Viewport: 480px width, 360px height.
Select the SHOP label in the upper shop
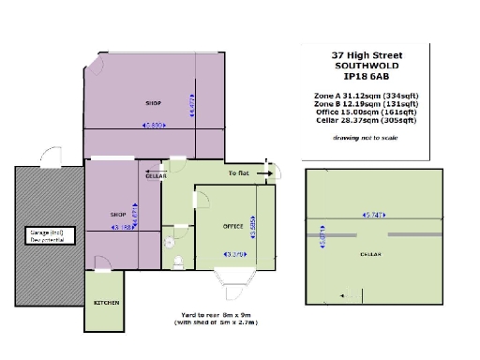coord(154,102)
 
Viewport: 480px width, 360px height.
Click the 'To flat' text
coord(240,173)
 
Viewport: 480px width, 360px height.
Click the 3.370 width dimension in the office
coord(234,255)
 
